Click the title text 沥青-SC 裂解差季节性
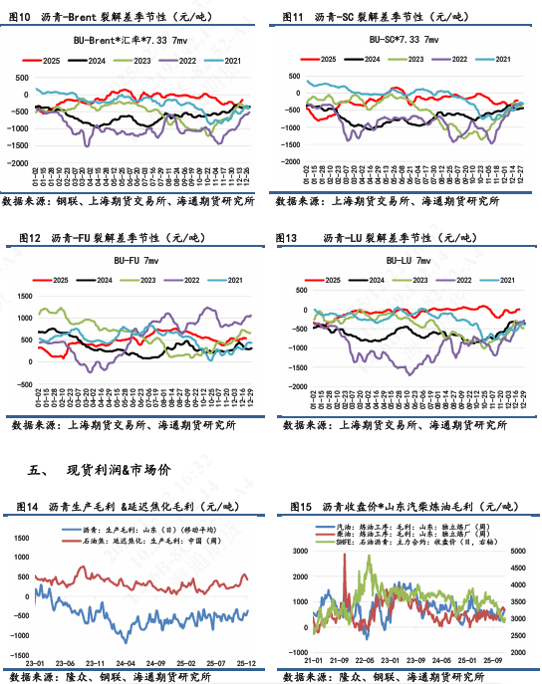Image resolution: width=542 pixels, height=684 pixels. (x=366, y=17)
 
